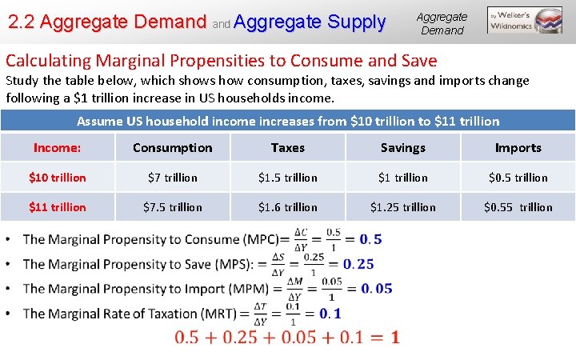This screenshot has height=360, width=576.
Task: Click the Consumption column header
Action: (x=172, y=148)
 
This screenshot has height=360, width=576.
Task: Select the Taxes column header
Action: (x=287, y=148)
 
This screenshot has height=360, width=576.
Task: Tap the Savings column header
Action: (x=402, y=148)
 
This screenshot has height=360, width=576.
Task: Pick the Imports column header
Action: (x=518, y=148)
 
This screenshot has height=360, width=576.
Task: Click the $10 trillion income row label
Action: (x=57, y=178)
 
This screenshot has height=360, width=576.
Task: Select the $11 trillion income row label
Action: (x=57, y=207)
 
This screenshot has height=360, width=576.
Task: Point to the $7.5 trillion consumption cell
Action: (x=172, y=207)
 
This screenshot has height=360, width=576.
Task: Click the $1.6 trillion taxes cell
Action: (x=287, y=207)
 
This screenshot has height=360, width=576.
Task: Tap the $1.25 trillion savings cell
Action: (x=402, y=207)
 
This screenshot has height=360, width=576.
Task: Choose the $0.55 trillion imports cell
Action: (x=518, y=207)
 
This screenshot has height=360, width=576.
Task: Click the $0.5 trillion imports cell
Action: (x=518, y=178)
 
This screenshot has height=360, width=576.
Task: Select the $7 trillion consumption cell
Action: (x=172, y=178)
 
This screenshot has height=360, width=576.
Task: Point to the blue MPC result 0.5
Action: (x=370, y=240)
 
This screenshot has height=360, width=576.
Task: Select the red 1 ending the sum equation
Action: (x=395, y=338)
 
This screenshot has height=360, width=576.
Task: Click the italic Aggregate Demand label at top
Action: (x=442, y=23)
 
